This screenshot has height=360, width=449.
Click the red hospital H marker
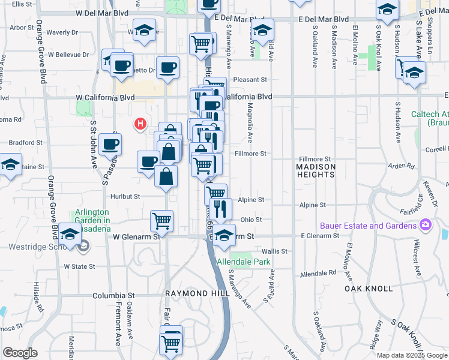[x=140, y=124]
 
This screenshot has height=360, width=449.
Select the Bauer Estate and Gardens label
[x=368, y=226]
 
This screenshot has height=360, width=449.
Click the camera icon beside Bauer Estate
[x=426, y=225]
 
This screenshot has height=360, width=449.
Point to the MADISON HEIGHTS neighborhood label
[x=315, y=170]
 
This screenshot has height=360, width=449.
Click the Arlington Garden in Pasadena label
[x=92, y=220]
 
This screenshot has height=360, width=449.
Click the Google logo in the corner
[x=20, y=353]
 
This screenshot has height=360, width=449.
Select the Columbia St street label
[x=113, y=296]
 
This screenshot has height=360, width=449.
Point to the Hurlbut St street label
[x=125, y=196]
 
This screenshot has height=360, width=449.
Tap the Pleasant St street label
[x=250, y=79]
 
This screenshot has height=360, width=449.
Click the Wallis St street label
[x=275, y=251]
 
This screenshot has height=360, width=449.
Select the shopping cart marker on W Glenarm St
[x=162, y=220]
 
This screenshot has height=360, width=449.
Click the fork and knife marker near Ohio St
[x=221, y=209]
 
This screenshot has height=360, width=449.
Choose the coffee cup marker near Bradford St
[x=110, y=144]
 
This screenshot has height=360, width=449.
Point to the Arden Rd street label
[x=402, y=166]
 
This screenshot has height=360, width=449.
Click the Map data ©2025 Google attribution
[x=412, y=355]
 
